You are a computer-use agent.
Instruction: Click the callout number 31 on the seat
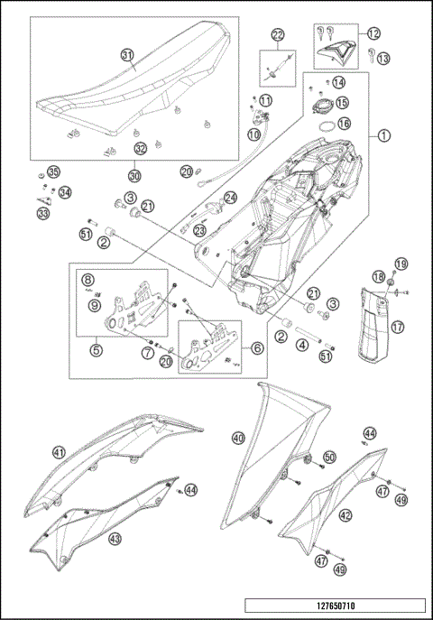129,55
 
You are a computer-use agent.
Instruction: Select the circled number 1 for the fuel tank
383,136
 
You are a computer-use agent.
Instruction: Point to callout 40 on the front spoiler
238,437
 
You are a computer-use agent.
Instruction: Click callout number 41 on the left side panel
59,452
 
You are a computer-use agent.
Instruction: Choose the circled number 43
115,539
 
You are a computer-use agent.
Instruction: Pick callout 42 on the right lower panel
345,516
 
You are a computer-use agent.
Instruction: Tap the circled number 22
278,35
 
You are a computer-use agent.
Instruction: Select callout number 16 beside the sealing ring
344,123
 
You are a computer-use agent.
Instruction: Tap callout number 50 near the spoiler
329,458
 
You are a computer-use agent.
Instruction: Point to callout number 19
401,264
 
